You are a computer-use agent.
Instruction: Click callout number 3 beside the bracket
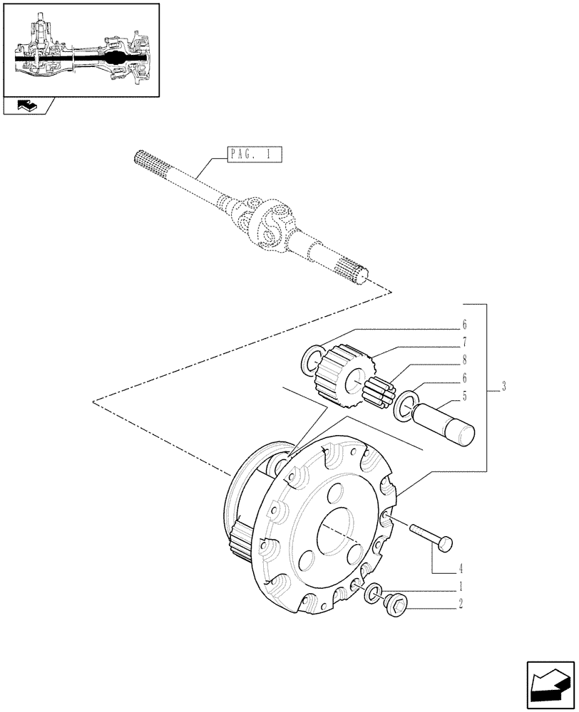503,387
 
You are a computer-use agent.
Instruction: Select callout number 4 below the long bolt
461,568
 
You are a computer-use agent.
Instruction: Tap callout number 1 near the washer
461,589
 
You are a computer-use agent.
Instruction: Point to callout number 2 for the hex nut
461,605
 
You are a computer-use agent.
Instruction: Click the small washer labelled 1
372,593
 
